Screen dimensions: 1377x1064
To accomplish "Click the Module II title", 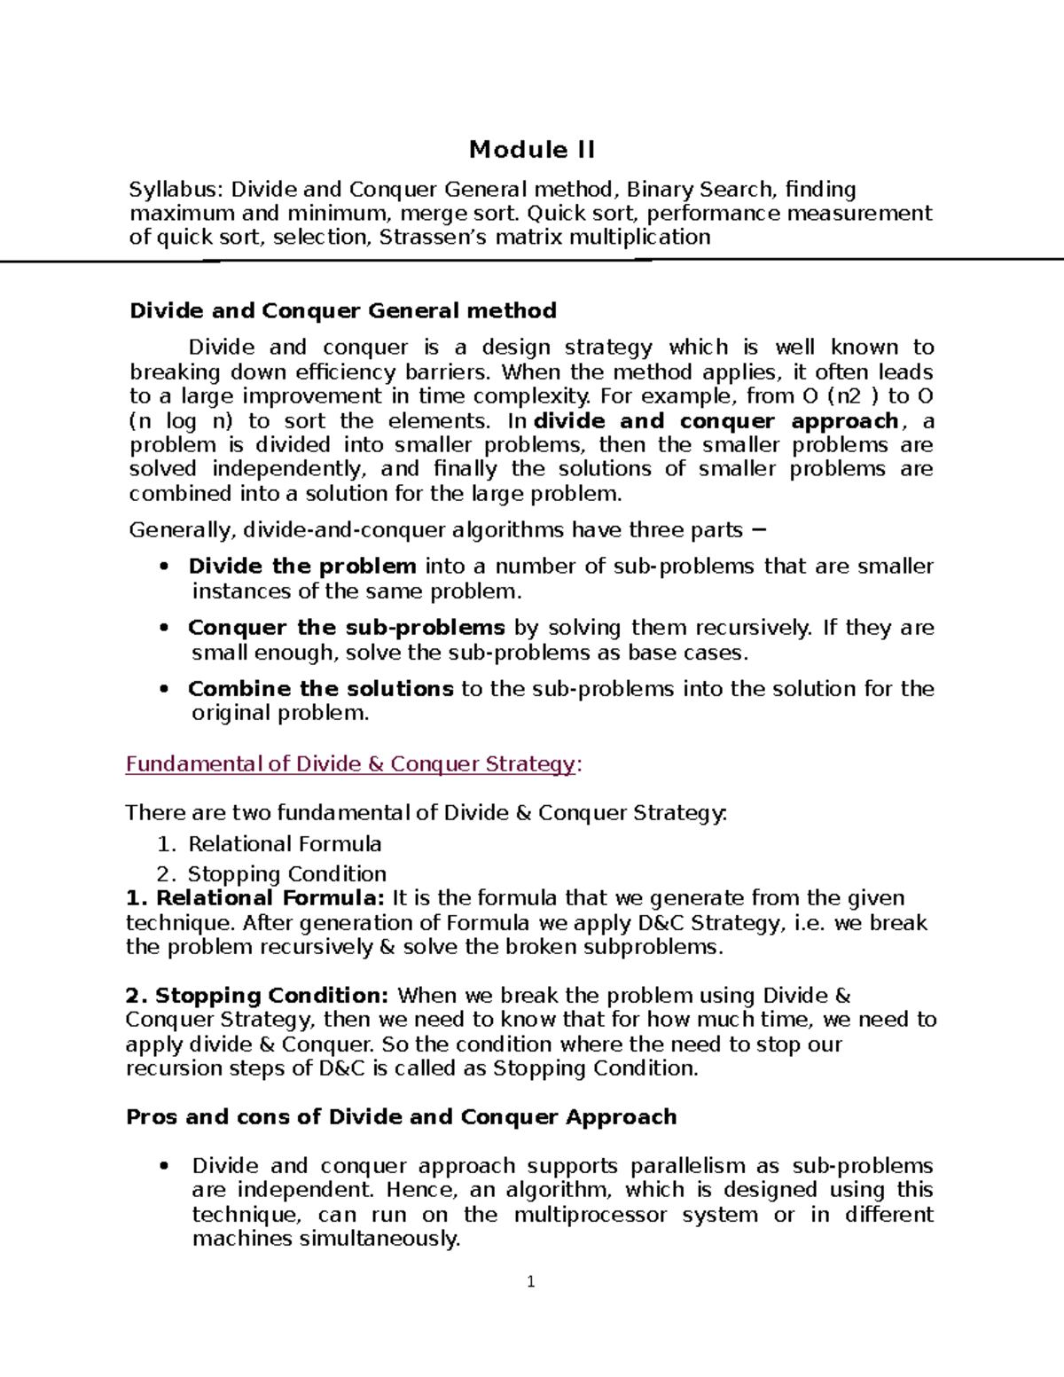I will click(531, 150).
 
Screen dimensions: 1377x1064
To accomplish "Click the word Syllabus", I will click(176, 190).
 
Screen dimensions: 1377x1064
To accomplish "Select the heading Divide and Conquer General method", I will click(343, 311).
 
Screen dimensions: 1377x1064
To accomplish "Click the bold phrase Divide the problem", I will click(302, 567).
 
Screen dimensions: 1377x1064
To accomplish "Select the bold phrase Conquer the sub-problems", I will click(346, 628).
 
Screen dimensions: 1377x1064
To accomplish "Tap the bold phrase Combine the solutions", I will click(320, 689).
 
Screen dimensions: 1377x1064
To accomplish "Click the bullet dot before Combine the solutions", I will click(163, 690).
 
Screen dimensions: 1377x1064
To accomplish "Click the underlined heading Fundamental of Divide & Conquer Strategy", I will click(350, 764).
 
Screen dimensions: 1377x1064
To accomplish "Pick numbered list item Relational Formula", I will click(285, 844).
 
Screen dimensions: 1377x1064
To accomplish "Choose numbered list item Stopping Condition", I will click(286, 874).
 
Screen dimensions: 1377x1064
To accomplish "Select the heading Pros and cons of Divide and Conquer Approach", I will click(402, 1117).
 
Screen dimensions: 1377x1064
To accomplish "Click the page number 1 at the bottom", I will click(531, 1282).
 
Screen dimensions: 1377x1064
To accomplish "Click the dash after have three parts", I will click(758, 530).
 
